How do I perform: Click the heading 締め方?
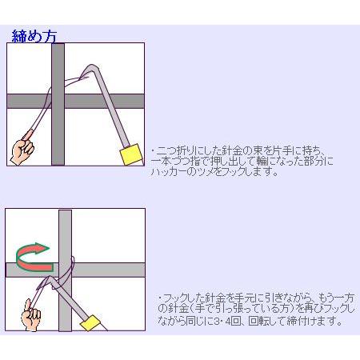[x=33, y=35]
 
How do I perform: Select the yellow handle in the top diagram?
[x=129, y=154]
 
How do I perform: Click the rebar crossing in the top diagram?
[x=58, y=101]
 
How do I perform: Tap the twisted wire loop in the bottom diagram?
[x=70, y=267]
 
